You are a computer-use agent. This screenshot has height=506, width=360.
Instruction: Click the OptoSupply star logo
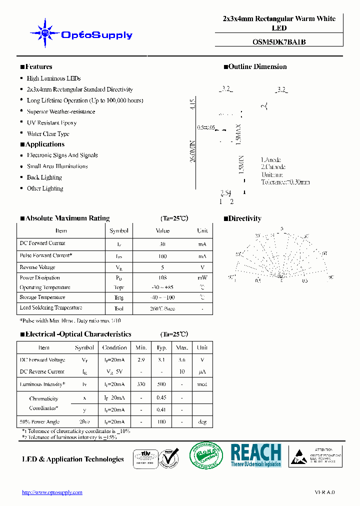(45, 33)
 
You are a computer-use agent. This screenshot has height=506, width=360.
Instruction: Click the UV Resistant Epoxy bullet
(51, 122)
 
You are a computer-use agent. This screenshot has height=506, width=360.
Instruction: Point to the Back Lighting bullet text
(44, 177)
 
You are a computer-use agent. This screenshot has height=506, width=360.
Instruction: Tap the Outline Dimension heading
(257, 67)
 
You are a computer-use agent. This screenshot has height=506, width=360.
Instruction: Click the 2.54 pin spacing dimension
(225, 192)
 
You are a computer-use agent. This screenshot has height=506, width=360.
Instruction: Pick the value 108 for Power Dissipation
(162, 277)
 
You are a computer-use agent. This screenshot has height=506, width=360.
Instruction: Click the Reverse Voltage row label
(37, 267)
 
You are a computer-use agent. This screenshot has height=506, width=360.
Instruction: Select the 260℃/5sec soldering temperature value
(162, 308)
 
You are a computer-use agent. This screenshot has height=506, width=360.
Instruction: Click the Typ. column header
(161, 347)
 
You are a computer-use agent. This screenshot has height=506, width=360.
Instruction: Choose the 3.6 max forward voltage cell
(182, 360)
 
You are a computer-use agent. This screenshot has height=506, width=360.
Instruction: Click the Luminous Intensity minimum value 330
(141, 384)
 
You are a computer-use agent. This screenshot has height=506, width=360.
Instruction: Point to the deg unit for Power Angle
(202, 422)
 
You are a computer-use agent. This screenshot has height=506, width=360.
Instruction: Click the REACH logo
(255, 455)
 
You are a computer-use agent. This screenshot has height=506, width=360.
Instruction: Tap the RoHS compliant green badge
(205, 455)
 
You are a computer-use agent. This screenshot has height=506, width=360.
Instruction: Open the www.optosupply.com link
(52, 492)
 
